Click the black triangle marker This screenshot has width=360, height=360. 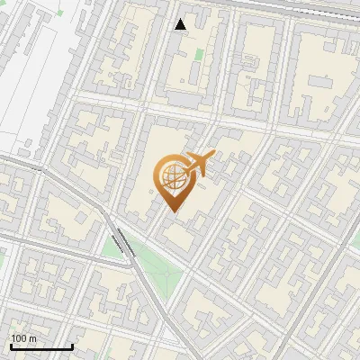tap(181, 24)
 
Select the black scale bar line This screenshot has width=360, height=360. tap(41, 346)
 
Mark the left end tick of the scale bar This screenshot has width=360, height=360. tap(11, 345)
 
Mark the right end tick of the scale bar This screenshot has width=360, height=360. tap(72, 345)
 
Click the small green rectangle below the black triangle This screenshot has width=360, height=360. tap(198, 54)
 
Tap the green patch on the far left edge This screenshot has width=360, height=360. tap(3, 256)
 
